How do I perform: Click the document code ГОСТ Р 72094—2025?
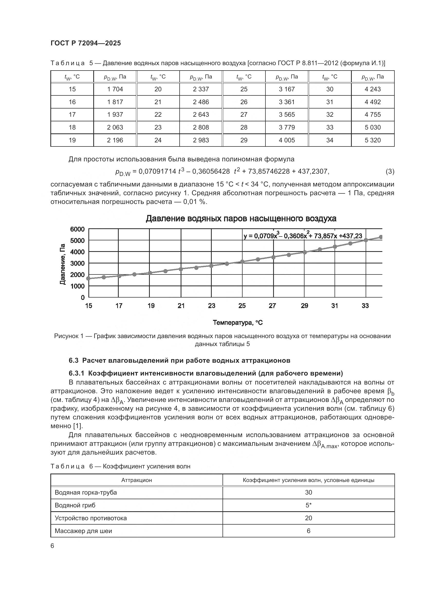tap(86, 43)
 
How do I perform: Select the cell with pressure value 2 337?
tap(201, 89)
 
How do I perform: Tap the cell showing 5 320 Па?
tap(372, 140)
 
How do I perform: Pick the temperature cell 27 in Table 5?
tap(244, 114)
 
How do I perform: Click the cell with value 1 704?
tap(115, 89)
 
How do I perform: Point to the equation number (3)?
tap(390, 171)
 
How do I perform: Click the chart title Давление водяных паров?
tap(241, 219)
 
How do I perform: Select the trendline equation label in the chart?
tap(303, 236)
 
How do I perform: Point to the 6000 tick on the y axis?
tap(77, 229)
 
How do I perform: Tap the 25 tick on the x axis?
tap(242, 306)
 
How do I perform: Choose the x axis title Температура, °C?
tap(238, 323)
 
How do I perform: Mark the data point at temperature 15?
tap(88, 278)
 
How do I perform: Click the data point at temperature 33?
tap(366, 240)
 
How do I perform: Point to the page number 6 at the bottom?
tap(52, 546)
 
